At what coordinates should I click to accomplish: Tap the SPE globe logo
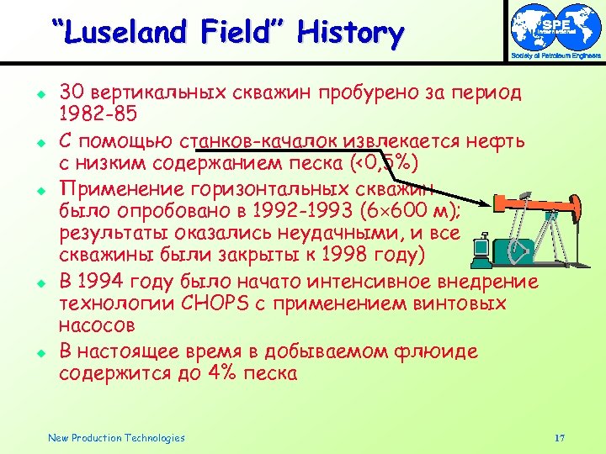(555, 27)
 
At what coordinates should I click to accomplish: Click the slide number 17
(560, 438)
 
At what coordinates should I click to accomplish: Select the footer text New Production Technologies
(116, 438)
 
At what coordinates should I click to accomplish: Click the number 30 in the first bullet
(72, 92)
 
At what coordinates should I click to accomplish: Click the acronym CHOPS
(214, 304)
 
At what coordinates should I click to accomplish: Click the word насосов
(96, 324)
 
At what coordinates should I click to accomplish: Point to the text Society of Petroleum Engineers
(555, 56)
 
